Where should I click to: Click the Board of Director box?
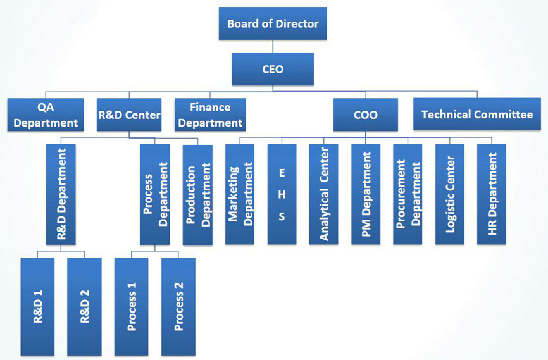click(273, 23)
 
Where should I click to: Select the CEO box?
click(273, 69)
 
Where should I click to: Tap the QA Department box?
click(45, 115)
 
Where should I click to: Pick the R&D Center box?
click(130, 115)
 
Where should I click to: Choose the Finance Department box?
click(210, 115)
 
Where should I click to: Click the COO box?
click(366, 115)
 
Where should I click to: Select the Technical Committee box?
click(476, 115)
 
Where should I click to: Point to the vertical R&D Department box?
click(61, 194)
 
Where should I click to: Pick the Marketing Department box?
click(240, 194)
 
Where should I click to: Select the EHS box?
click(282, 194)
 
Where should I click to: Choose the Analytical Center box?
click(323, 194)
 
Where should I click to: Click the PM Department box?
click(365, 194)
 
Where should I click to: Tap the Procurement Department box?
click(408, 194)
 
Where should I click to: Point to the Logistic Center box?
click(449, 194)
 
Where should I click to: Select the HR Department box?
click(492, 194)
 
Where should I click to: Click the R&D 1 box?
click(37, 306)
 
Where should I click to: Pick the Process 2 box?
click(178, 306)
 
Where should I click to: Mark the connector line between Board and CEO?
click(273, 46)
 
